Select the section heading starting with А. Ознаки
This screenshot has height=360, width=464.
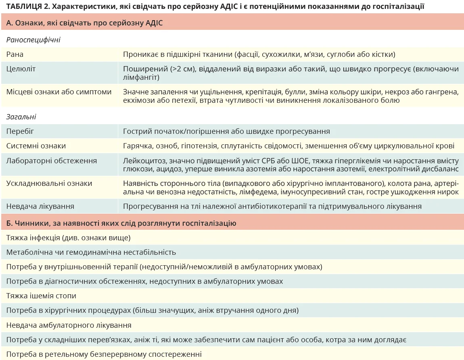click(x=84, y=23)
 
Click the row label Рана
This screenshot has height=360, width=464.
click(x=15, y=54)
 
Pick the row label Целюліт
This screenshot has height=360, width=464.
click(x=21, y=69)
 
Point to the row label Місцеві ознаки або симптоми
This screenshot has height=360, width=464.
click(x=59, y=92)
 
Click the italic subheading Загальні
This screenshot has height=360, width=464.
click(x=21, y=117)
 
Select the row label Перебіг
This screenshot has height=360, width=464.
click(x=20, y=131)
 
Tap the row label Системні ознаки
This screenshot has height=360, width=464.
click(x=36, y=146)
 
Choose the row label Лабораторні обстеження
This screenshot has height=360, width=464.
click(x=52, y=161)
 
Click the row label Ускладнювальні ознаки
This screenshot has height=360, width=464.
click(x=49, y=183)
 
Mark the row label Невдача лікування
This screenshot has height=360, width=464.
click(x=40, y=206)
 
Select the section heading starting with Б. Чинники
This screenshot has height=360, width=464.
click(x=121, y=223)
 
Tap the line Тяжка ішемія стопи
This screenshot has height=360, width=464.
click(x=41, y=296)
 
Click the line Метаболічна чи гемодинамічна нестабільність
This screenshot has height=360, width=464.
click(x=91, y=252)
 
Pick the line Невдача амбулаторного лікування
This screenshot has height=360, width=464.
click(x=69, y=325)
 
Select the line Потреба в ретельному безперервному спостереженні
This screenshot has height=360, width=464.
click(x=104, y=354)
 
